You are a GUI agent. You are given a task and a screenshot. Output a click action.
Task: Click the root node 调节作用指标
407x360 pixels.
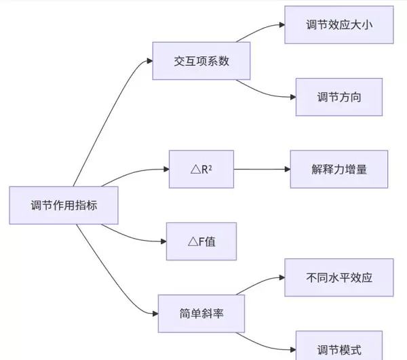(64, 205)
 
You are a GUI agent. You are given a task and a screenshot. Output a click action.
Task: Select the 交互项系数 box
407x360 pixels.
(201, 62)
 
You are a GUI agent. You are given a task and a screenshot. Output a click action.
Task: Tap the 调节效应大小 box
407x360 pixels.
(338, 25)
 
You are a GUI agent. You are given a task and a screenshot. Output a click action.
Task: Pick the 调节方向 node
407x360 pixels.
(338, 97)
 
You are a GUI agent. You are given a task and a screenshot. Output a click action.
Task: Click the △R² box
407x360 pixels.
(201, 169)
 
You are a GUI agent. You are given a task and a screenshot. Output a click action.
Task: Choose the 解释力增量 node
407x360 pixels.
(338, 169)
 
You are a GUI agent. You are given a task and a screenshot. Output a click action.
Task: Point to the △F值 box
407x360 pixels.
(201, 241)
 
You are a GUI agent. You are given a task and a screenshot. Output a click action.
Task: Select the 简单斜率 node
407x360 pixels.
(201, 313)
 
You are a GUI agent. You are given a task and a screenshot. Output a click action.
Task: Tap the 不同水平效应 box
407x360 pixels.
(338, 277)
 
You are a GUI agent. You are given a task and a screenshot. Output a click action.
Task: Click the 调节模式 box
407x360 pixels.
(338, 348)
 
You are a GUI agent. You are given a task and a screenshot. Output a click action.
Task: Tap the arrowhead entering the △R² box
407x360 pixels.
(165, 169)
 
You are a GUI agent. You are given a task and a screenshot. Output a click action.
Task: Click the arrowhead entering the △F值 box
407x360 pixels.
(163, 241)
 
